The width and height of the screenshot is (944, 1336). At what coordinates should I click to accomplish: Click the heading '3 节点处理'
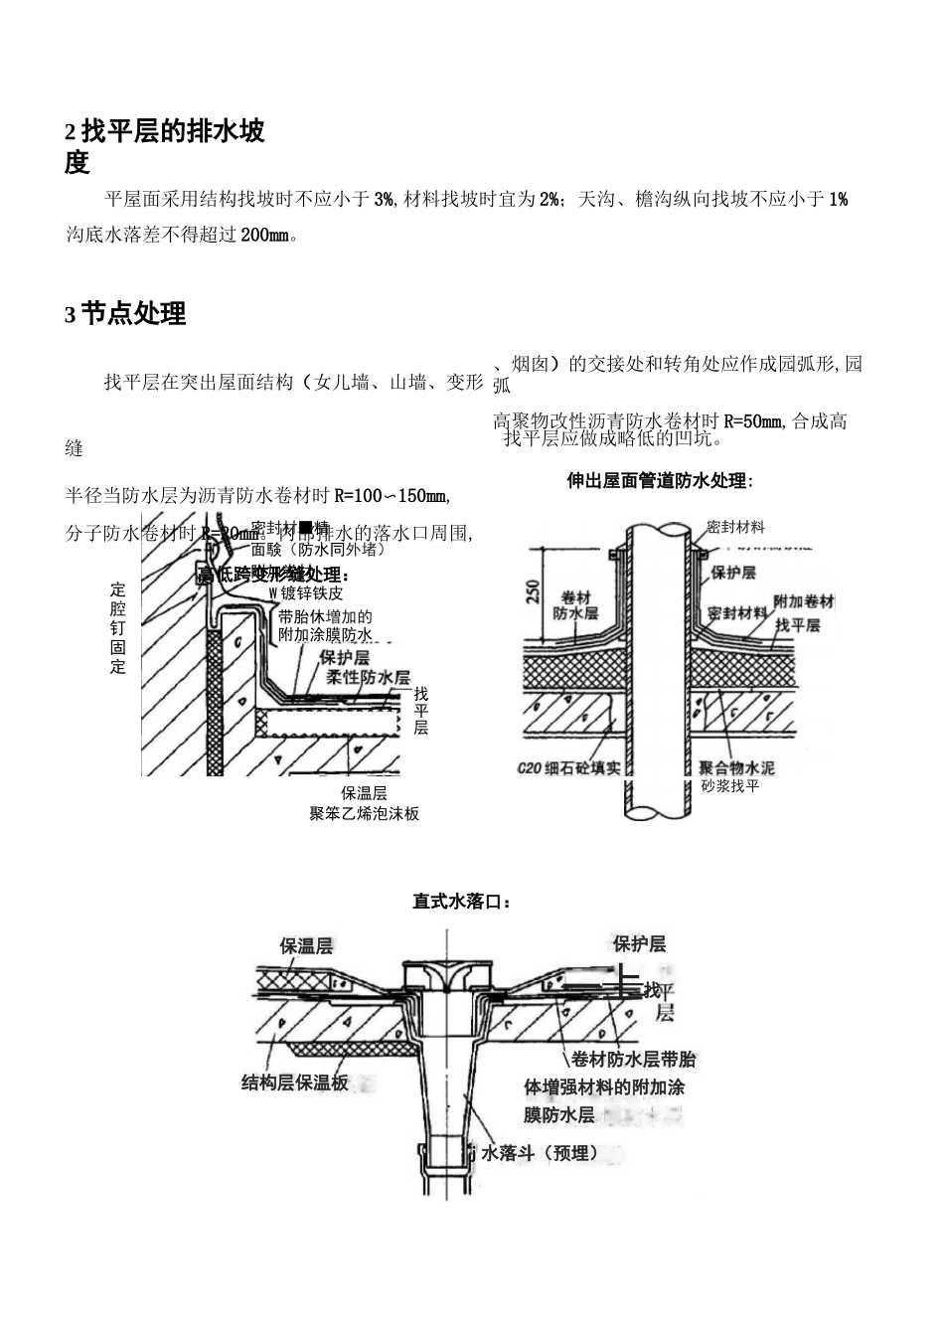click(x=125, y=314)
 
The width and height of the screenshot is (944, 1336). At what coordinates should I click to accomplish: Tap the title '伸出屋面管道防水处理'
click(x=659, y=481)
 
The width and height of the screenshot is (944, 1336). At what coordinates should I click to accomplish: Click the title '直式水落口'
click(x=462, y=902)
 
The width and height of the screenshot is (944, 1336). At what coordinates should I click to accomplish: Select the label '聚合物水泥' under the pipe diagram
click(x=736, y=768)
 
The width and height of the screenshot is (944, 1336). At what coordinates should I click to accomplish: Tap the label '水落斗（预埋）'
click(x=540, y=1153)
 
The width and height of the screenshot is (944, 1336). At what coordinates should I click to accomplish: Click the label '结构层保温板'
click(x=295, y=1083)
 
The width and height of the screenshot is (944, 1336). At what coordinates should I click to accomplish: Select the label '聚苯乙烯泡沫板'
click(x=364, y=813)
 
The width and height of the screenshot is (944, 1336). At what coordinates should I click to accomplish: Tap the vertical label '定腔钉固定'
click(x=118, y=628)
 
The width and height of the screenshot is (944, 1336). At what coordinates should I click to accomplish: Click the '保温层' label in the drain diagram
click(x=306, y=945)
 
